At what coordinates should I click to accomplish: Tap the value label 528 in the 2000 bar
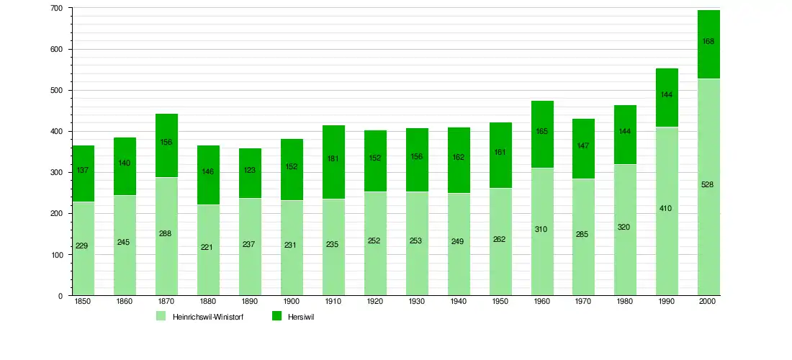click(x=708, y=185)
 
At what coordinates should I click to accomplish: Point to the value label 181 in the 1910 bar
click(x=334, y=159)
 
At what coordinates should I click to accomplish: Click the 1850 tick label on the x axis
click(x=83, y=302)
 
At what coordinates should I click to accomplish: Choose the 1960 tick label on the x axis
click(x=542, y=302)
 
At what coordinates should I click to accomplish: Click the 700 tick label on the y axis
click(x=57, y=8)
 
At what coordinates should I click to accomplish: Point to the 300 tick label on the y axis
click(x=57, y=173)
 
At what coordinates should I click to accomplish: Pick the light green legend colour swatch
click(x=161, y=316)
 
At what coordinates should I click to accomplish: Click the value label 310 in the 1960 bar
click(x=542, y=230)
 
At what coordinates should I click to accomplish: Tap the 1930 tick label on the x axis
click(x=417, y=302)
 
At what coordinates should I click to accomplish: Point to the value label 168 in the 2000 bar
click(x=708, y=42)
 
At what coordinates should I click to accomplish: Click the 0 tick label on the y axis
click(x=60, y=296)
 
